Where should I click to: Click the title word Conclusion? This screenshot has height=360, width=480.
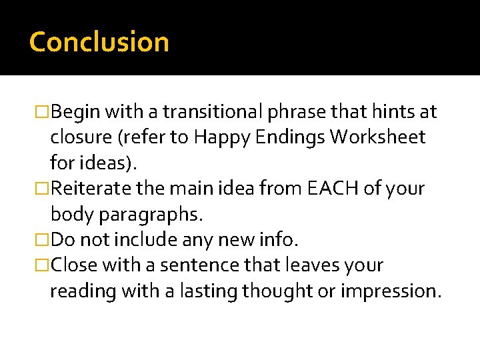(x=99, y=42)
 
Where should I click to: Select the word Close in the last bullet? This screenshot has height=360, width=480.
(x=74, y=265)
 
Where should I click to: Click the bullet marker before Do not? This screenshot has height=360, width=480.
(x=44, y=239)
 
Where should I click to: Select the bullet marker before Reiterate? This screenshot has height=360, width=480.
(x=44, y=189)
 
